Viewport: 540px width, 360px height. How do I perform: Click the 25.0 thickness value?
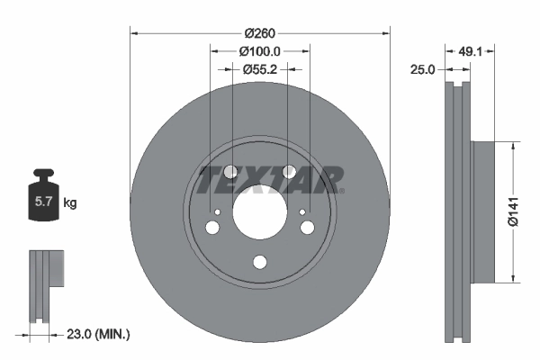pos(424,68)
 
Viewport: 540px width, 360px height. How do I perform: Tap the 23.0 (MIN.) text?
pos(99,334)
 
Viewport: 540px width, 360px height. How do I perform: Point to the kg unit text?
pos(70,203)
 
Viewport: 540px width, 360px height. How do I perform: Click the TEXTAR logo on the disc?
pos(270,180)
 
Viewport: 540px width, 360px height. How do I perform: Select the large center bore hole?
pos(260,214)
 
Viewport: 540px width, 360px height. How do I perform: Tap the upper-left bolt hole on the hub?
pos(231,172)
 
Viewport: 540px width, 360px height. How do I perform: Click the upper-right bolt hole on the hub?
pos(289,172)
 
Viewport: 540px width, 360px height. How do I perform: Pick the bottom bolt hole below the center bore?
pos(260,262)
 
